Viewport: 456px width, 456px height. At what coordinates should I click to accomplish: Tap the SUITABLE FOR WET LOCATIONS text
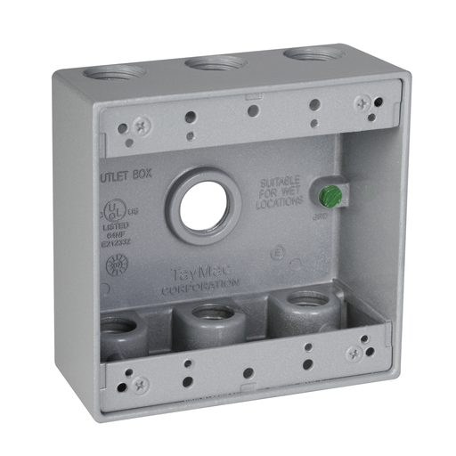click(283, 191)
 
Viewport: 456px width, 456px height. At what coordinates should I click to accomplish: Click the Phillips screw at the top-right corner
click(362, 104)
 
